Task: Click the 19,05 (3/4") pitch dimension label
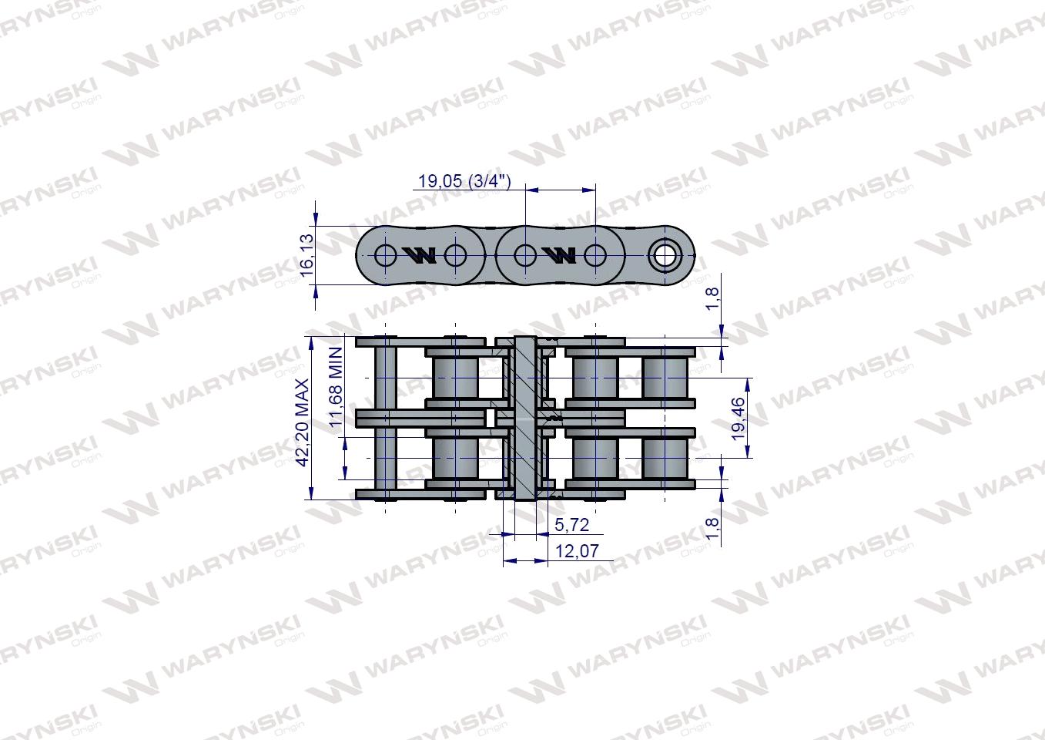(x=464, y=180)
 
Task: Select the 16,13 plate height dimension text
(x=307, y=255)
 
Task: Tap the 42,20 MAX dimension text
(x=303, y=422)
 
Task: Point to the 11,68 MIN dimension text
(x=336, y=387)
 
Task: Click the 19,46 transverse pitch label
(x=738, y=419)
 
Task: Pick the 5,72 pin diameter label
(x=571, y=525)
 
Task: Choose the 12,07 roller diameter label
(x=576, y=551)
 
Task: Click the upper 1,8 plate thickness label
(x=713, y=299)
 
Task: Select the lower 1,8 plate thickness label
(x=713, y=528)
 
